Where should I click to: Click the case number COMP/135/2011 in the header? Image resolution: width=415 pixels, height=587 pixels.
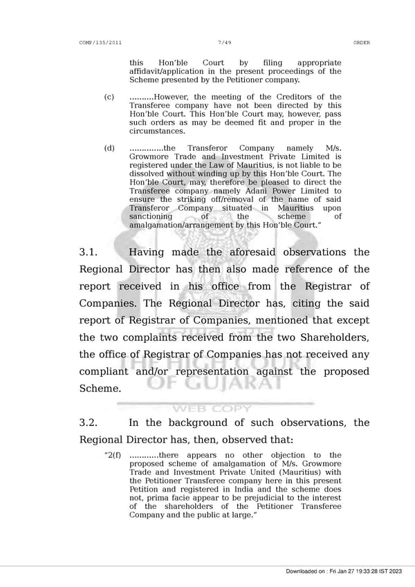tap(101, 43)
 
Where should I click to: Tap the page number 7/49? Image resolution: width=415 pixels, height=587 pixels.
tap(224, 43)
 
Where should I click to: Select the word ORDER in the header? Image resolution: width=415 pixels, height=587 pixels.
tap(361, 43)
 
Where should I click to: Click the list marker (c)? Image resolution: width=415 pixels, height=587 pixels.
tap(109, 97)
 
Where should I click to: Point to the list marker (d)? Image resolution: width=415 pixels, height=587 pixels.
tap(109, 149)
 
